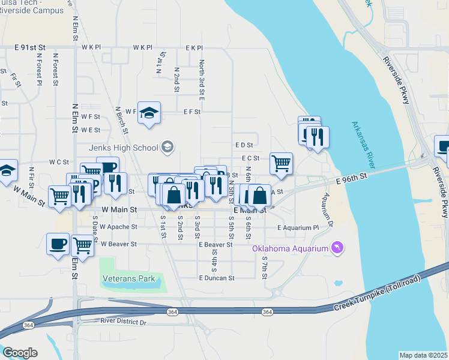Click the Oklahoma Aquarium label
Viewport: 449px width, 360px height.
(x=290, y=249)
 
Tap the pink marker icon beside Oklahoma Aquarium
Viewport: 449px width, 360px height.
(x=337, y=248)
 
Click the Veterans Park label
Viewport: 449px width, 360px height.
(x=128, y=278)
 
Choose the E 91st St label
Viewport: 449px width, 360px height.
(x=30, y=47)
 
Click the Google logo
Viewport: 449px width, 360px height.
(x=19, y=353)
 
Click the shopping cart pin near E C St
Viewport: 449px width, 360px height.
(x=281, y=163)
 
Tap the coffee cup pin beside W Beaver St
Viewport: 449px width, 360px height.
(x=58, y=244)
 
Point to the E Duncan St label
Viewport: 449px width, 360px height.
(x=217, y=278)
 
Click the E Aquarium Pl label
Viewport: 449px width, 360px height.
(x=298, y=228)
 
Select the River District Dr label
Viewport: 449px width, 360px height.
(x=124, y=322)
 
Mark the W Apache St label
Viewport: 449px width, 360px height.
(x=118, y=227)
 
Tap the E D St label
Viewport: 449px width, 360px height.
(x=244, y=145)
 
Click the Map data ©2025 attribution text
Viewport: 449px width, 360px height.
(x=423, y=355)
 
